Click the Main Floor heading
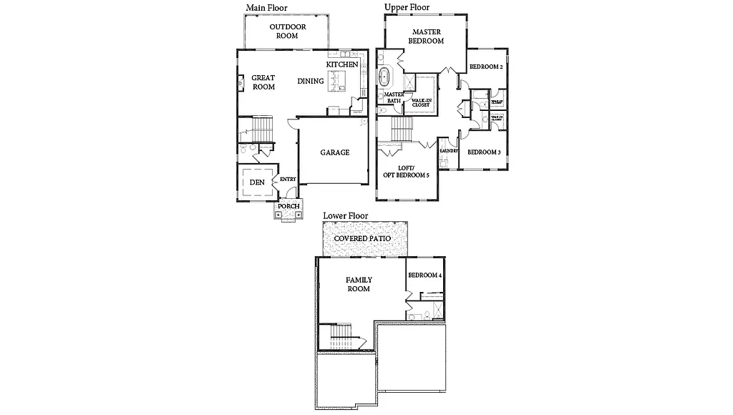(x=267, y=8)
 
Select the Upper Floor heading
(x=407, y=7)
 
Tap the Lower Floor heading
(x=345, y=215)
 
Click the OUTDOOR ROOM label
(x=287, y=31)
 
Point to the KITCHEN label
(x=342, y=65)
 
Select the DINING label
(x=311, y=82)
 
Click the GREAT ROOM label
(x=263, y=82)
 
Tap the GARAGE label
(x=334, y=152)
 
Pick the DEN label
(x=257, y=182)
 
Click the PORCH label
(x=288, y=207)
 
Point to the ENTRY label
(x=288, y=180)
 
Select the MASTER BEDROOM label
(x=426, y=36)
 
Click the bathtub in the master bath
(x=384, y=77)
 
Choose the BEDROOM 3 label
(x=483, y=152)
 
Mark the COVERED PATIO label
(x=367, y=238)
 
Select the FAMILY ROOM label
(x=359, y=284)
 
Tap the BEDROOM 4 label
(x=424, y=275)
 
